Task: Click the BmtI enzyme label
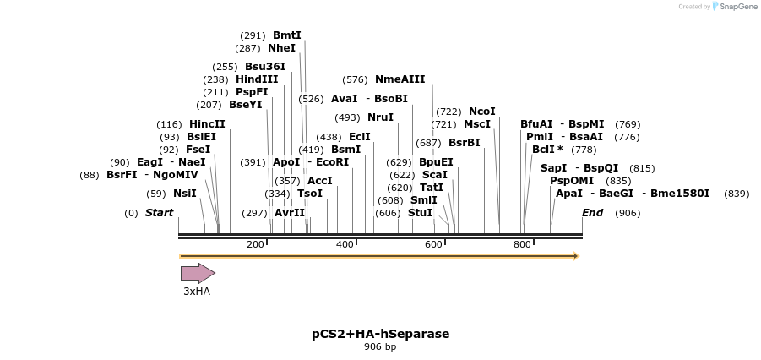pos(286,35)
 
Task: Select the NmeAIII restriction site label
pos(400,79)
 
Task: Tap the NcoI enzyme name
pos(481,112)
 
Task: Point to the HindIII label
pos(256,79)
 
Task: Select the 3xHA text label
pos(197,292)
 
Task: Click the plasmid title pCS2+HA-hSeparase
pos(380,334)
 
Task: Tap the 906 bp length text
pos(380,346)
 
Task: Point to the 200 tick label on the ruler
pos(255,244)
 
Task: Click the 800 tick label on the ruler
pos(522,244)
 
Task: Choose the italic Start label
pos(159,213)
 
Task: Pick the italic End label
pos(592,213)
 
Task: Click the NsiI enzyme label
pos(184,194)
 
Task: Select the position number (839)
pos(737,194)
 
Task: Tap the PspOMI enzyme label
pos(572,181)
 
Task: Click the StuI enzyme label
pos(420,213)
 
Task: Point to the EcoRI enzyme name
pos(332,161)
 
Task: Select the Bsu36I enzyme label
pos(265,67)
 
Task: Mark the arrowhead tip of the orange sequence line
pos(578,255)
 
